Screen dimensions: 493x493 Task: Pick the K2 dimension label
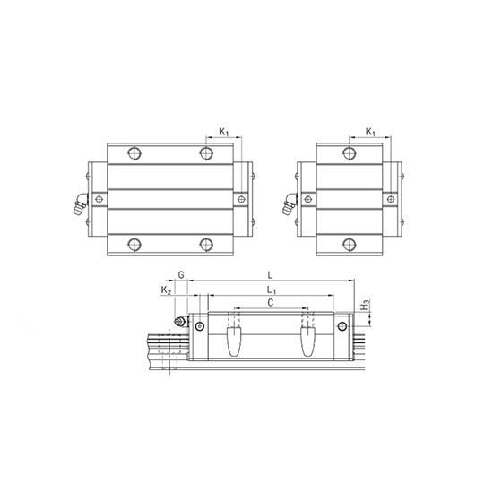coord(165,290)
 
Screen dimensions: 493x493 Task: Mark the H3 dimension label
coord(364,307)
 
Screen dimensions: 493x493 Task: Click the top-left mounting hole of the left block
coord(134,152)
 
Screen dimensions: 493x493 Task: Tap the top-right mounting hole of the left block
coord(207,152)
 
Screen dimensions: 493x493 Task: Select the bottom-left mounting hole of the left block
coord(134,243)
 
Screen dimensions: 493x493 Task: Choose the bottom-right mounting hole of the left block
coord(207,243)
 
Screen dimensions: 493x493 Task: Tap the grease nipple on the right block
coord(289,207)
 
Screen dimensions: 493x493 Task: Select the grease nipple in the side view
coord(178,321)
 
